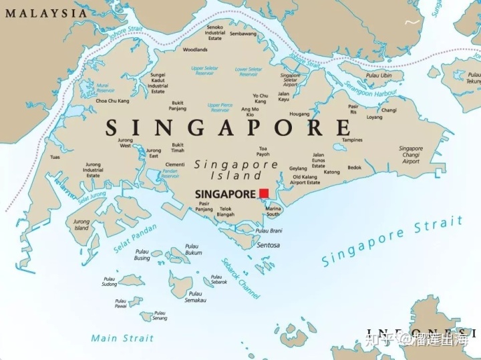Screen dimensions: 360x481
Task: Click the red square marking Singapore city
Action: pyautogui.click(x=264, y=193)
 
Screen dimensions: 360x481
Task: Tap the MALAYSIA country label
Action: pyautogui.click(x=43, y=13)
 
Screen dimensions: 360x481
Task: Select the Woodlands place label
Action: pyautogui.click(x=195, y=49)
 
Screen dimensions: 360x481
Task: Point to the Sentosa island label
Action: pyautogui.click(x=269, y=245)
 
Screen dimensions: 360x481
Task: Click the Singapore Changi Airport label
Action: pyautogui.click(x=411, y=155)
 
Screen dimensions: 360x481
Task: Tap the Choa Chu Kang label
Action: pyautogui.click(x=112, y=101)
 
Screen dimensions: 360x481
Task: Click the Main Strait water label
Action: pyautogui.click(x=122, y=338)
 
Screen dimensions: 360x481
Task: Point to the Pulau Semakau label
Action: pyautogui.click(x=196, y=297)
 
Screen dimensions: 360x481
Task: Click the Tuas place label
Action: pyautogui.click(x=55, y=157)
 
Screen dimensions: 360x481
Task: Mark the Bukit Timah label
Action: pyautogui.click(x=178, y=148)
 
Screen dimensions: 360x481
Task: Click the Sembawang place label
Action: pyautogui.click(x=243, y=33)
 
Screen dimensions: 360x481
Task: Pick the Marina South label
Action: pyautogui.click(x=273, y=212)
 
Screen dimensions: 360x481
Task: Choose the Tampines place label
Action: pyautogui.click(x=352, y=140)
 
